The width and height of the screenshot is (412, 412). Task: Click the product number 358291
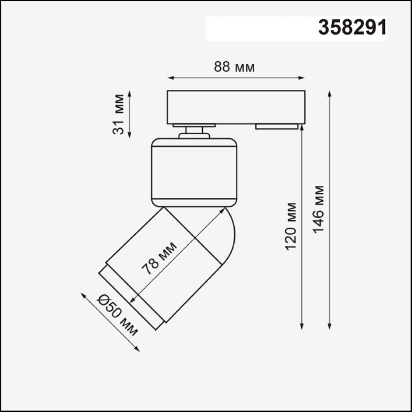pos(352,28)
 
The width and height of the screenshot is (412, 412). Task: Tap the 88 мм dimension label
pos(234,67)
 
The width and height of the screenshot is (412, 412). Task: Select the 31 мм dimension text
pos(119,114)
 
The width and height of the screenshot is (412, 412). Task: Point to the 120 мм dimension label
pos(291,226)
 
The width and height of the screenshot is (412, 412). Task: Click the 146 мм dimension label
pos(318,210)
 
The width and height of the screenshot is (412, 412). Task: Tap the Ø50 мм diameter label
pos(118,315)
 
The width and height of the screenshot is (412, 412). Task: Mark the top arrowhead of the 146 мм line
pos(329,94)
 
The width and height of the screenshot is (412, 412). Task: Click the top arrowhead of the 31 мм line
pos(129,93)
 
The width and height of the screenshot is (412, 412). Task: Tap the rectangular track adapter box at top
pos(236,107)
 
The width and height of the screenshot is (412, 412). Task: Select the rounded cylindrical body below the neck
pos(194,172)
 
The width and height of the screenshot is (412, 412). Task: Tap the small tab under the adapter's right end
pos(277,126)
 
